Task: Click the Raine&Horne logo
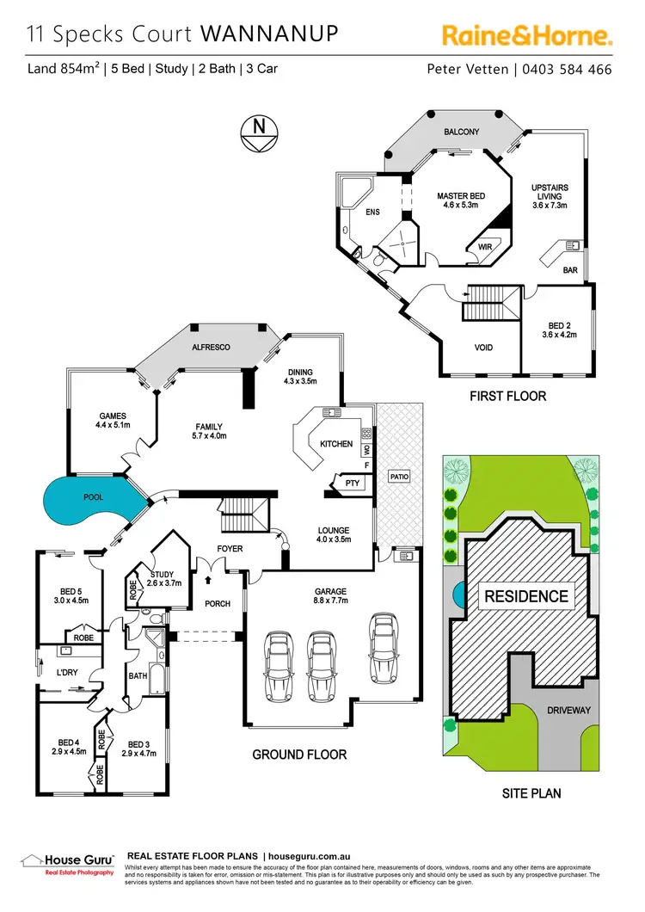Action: point(526,35)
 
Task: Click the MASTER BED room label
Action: point(461,201)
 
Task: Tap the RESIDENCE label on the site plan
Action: point(526,595)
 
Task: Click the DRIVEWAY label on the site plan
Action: point(568,711)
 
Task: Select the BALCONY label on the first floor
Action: point(461,132)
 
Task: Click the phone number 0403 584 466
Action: point(567,69)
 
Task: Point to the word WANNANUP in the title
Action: point(268,34)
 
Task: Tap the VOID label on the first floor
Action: point(483,348)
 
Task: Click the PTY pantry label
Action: point(352,484)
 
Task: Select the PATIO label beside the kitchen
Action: point(399,476)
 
